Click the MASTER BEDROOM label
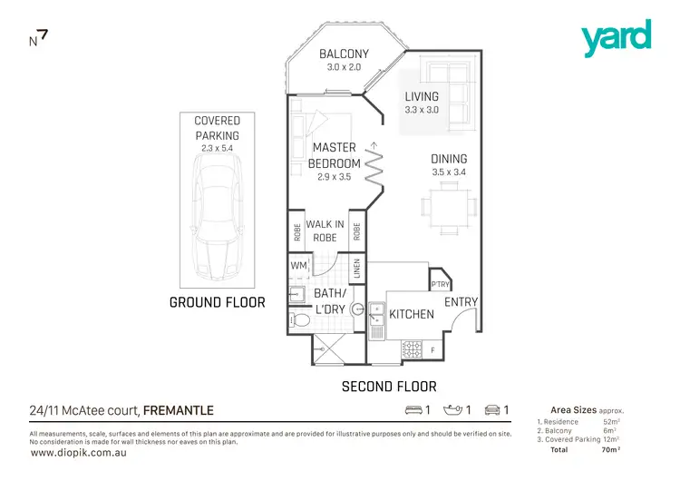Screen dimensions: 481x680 [334, 155]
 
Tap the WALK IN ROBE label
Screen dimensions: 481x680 [325, 231]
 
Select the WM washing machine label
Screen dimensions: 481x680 [298, 265]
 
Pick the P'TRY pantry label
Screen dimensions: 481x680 [440, 281]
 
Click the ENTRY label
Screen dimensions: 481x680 [461, 302]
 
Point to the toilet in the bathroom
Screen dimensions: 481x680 [299, 320]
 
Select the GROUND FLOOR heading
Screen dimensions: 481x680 [218, 302]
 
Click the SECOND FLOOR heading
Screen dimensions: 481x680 [388, 387]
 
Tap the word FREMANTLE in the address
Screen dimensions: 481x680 [179, 411]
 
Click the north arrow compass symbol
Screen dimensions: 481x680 [38, 38]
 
